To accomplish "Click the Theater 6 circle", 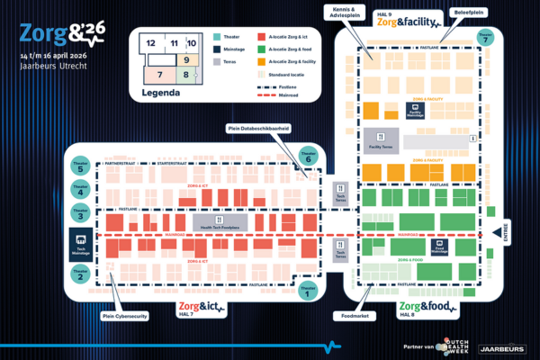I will (310, 156).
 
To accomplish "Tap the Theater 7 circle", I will (485, 38).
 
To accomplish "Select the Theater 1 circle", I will (310, 290).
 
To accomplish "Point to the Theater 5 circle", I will (80, 166).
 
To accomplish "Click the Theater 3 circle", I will (80, 213).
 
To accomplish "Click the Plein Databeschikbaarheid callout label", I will (259, 129).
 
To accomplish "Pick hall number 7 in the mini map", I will (159, 75).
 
